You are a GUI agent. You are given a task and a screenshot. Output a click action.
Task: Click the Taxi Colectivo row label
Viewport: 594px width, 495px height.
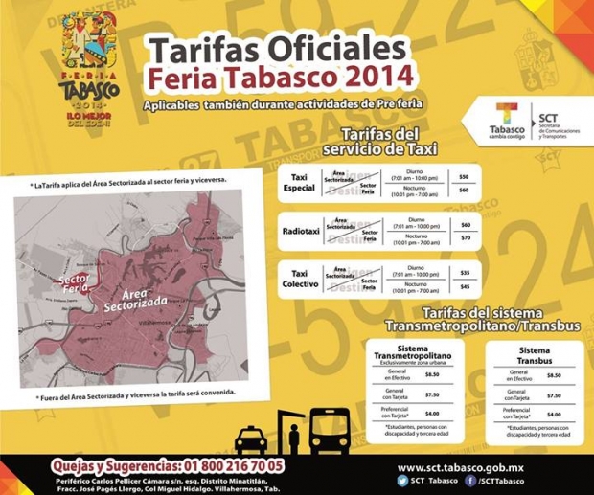point(301,279)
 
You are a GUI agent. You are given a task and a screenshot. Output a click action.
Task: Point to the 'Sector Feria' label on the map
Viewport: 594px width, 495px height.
point(75,281)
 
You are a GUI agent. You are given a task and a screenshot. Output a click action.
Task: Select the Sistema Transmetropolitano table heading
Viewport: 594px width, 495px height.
point(418,353)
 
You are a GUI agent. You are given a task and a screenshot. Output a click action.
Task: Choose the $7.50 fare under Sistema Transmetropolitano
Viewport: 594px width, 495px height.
point(432,394)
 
